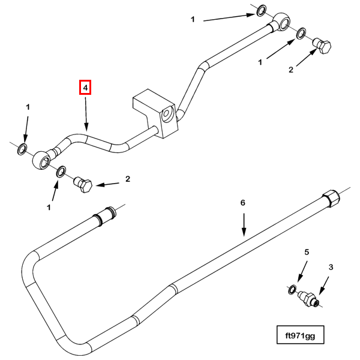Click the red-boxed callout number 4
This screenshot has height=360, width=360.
coord(86,88)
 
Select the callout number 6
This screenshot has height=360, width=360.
coord(243,203)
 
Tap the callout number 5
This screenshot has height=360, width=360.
coord(306,253)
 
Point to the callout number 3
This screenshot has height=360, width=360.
coord(329,266)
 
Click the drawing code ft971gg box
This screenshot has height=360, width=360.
coord(300,335)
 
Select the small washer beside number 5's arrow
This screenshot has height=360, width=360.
coord(292,290)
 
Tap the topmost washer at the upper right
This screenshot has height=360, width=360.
coord(262,11)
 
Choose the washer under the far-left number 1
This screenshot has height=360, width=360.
coord(22,148)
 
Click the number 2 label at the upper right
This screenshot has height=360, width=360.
coord(291,70)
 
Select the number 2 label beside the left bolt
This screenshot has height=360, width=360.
coord(127,178)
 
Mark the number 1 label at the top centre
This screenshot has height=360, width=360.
coord(193,20)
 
